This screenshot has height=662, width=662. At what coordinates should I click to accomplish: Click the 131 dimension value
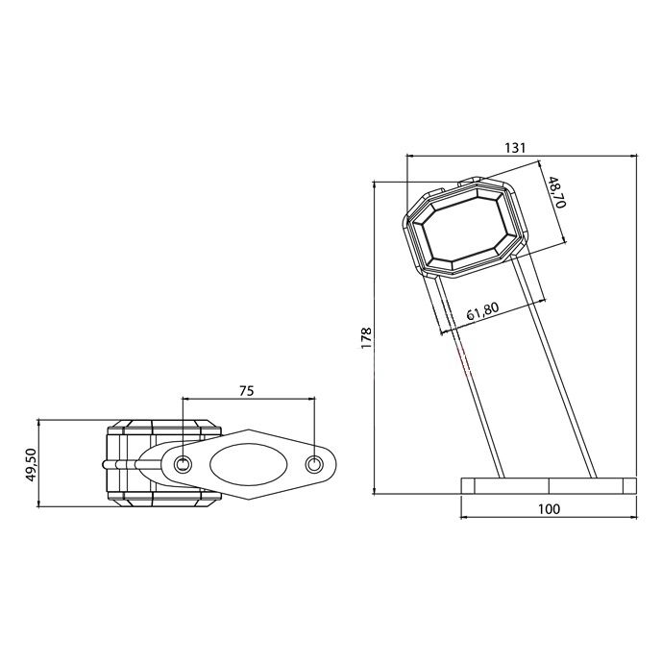515,148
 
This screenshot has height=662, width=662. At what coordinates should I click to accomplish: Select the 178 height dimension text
366,338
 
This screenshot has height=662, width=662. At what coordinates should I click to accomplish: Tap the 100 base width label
549,509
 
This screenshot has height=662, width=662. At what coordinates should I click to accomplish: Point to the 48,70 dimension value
557,192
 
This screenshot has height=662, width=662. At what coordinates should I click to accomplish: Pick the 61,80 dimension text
482,311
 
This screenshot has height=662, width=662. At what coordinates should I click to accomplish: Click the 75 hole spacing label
247,391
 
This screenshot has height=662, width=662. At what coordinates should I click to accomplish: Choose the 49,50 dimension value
32,464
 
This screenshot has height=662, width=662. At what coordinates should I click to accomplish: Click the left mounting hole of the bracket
183,464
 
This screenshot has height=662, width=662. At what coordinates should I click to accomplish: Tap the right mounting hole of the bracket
313,464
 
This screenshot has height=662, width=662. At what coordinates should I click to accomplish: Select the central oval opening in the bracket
249,464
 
